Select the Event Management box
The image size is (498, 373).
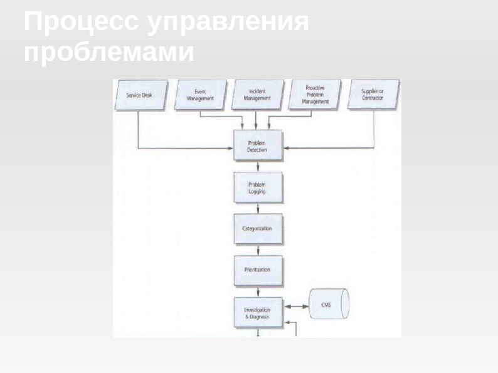pos(200,95)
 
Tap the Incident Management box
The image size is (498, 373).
pos(257,95)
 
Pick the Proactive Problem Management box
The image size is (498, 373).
pos(315,95)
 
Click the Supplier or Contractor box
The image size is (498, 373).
pos(373,95)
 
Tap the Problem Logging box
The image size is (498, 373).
pos(257,188)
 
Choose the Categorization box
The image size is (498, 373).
pos(257,229)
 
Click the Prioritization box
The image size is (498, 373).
pos(257,270)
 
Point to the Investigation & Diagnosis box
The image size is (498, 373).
pos(257,313)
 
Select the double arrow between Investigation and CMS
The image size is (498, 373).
pos(297,307)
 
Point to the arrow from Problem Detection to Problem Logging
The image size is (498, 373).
pos(258,167)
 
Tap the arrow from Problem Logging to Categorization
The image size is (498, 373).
pos(258,209)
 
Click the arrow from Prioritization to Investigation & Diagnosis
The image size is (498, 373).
pos(258,292)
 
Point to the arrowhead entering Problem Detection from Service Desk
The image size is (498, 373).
pos(230,149)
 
